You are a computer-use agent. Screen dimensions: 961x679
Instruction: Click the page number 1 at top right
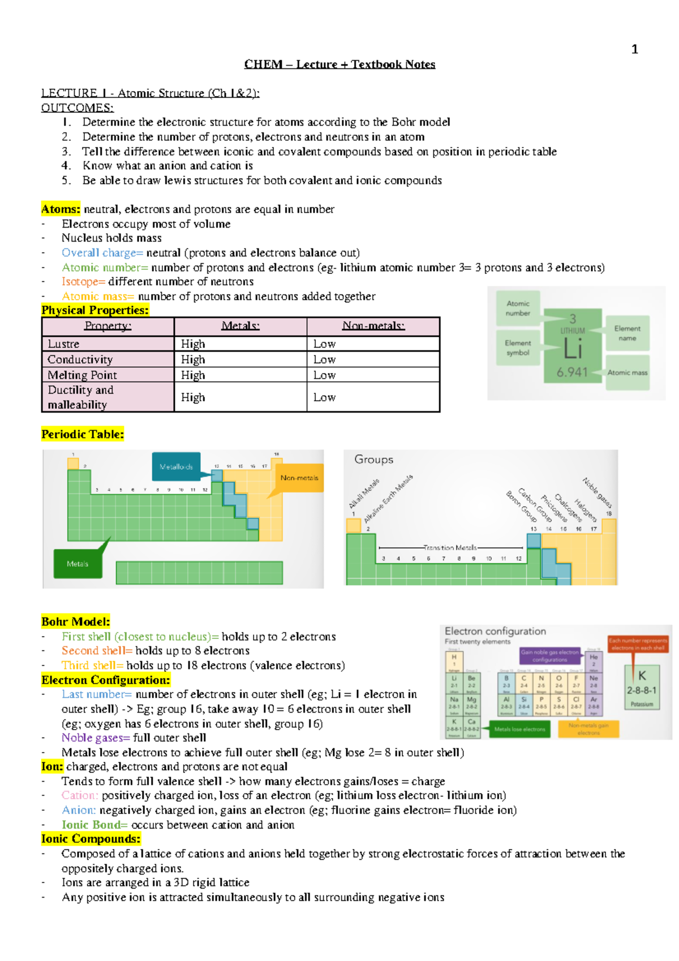[x=634, y=50]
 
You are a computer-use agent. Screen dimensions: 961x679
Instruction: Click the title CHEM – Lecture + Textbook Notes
[x=339, y=65]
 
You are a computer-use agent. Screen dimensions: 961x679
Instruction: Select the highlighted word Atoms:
[x=61, y=209]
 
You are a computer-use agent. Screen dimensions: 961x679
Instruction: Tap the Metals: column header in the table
[x=240, y=326]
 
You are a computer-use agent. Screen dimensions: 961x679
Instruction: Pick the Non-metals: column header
[x=373, y=326]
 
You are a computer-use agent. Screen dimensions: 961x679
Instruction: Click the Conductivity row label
[x=80, y=359]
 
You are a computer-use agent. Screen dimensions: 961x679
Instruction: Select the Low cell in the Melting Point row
[x=324, y=375]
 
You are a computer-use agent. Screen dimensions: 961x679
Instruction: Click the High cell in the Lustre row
[x=193, y=344]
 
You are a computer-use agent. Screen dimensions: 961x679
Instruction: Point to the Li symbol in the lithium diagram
[x=573, y=350]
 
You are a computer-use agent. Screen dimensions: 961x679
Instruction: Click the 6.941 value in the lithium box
[x=571, y=372]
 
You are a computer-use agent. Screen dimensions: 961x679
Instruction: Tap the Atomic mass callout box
[x=627, y=372]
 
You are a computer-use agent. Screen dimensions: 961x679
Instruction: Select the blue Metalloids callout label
[x=176, y=467]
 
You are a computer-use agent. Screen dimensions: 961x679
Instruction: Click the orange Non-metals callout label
[x=299, y=478]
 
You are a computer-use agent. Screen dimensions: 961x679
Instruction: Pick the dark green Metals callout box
[x=78, y=564]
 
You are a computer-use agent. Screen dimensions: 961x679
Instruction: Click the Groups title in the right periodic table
[x=373, y=460]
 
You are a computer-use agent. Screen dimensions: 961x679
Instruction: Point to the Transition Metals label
[x=450, y=548]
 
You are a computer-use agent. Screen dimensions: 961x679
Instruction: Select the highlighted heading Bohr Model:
[x=75, y=622]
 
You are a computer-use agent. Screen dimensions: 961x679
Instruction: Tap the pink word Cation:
[x=80, y=796]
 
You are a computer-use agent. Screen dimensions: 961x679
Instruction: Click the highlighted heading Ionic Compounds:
[x=91, y=839]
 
